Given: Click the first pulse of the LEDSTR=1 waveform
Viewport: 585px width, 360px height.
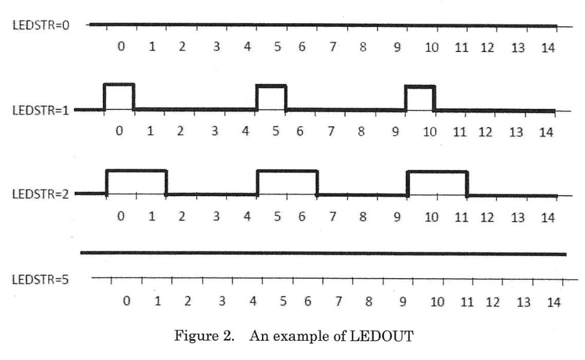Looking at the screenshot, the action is click(119, 97).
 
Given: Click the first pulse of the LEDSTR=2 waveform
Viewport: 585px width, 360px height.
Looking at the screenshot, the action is click(136, 182).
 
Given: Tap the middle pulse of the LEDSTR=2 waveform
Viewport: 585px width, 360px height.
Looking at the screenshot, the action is click(287, 182).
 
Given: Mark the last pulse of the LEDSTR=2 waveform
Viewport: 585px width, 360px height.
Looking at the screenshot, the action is click(437, 183).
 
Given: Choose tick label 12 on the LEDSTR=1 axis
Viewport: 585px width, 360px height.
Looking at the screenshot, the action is click(487, 132).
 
